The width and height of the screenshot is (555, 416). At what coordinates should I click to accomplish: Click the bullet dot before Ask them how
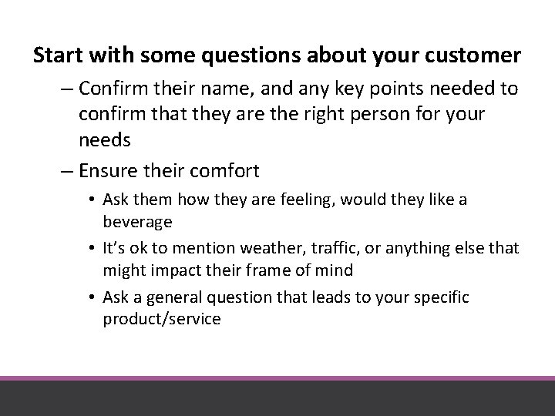click(92, 200)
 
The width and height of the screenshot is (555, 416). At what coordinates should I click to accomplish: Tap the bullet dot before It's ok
click(92, 249)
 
